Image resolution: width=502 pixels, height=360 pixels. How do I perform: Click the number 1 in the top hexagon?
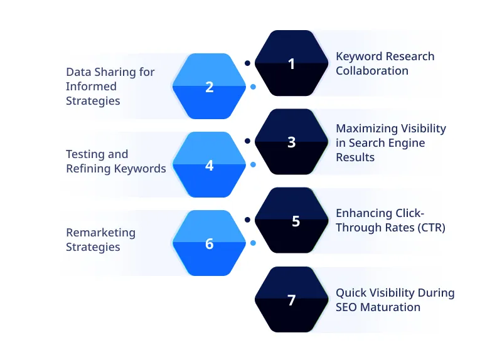click(x=291, y=63)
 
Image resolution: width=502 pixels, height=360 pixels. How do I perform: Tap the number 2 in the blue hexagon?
click(x=210, y=87)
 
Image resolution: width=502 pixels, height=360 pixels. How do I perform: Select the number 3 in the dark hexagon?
click(x=291, y=142)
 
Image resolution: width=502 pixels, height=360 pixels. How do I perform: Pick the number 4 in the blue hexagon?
click(x=210, y=166)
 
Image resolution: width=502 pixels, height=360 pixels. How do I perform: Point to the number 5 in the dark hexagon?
click(x=296, y=221)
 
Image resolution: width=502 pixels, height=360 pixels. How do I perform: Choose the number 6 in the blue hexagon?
click(x=210, y=244)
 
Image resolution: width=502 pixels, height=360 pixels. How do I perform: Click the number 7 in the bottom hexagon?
click(x=291, y=300)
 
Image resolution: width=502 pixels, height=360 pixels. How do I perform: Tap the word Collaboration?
click(x=371, y=71)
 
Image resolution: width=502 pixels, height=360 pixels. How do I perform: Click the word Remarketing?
click(x=100, y=233)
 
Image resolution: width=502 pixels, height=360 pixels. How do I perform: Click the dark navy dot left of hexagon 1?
click(x=247, y=63)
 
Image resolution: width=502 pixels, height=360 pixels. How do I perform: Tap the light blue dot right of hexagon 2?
click(x=253, y=87)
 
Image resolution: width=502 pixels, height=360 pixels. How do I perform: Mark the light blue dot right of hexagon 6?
click(x=253, y=243)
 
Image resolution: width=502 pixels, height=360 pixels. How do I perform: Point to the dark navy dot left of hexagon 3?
click(x=247, y=141)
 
